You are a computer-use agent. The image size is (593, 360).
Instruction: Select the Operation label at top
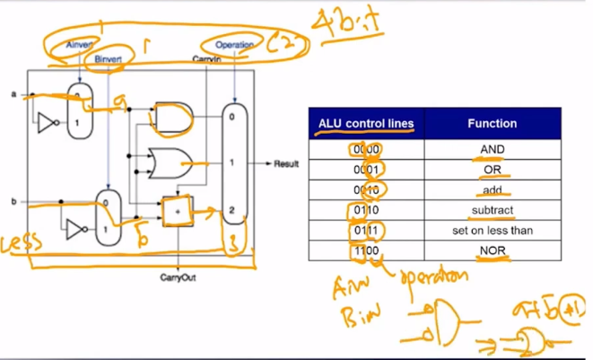235,44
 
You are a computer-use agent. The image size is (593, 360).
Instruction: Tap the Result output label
285,165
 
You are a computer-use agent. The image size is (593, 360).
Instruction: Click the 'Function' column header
492,123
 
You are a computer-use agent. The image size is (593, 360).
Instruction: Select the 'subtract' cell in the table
492,210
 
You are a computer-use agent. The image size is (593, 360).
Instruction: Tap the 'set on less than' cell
492,231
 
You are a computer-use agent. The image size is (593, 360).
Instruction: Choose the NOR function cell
492,251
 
